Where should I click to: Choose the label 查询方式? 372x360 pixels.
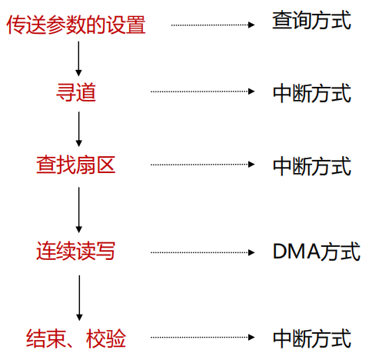(311, 22)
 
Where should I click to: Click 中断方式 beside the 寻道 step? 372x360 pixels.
(311, 92)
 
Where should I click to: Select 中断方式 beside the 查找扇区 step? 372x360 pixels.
(311, 165)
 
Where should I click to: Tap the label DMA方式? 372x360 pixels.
(315, 252)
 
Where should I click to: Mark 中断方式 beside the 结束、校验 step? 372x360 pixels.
(311, 338)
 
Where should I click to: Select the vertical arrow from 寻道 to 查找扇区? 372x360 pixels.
(78, 128)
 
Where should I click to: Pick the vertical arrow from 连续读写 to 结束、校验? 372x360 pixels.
(78, 296)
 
